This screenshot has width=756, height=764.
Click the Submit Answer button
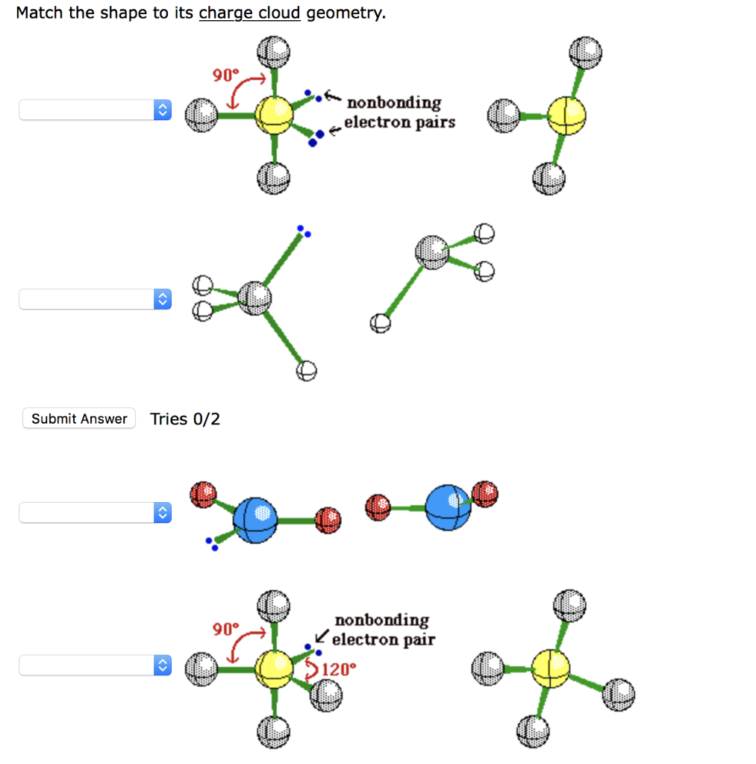point(79,419)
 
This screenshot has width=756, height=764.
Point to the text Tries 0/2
point(185,419)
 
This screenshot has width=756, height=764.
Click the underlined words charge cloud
point(249,13)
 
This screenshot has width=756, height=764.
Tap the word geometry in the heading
point(344,13)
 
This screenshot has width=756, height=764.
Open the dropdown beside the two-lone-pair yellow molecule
point(95,110)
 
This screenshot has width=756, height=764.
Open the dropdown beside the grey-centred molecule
point(95,299)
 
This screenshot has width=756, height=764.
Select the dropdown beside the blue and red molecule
point(95,513)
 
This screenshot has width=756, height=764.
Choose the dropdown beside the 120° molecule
point(95,665)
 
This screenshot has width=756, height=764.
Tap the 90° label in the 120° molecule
point(225,629)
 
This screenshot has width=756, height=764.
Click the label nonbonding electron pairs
point(398,112)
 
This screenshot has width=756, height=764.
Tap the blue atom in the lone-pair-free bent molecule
point(449,507)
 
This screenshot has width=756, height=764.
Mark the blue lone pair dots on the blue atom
point(212,544)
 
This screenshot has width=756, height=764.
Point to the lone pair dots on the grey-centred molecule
point(303,231)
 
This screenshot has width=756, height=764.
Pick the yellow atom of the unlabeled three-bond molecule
point(566,116)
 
